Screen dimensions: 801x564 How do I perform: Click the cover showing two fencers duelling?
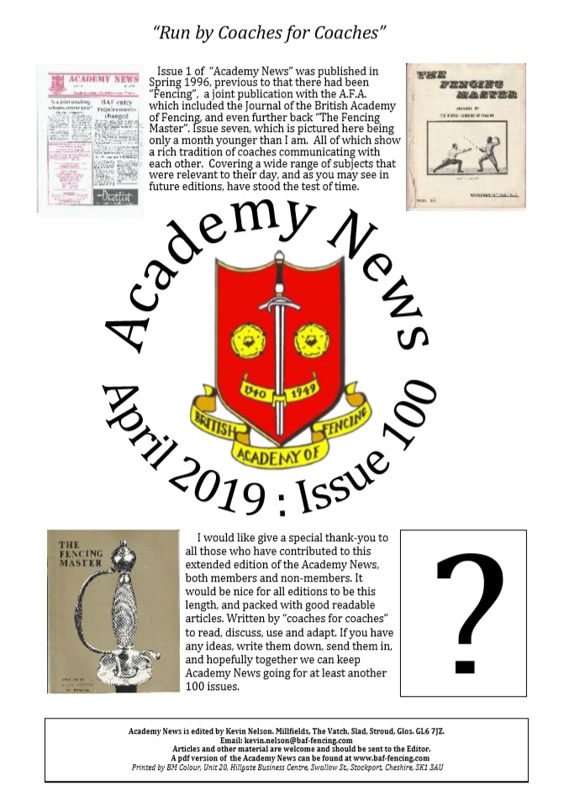466,136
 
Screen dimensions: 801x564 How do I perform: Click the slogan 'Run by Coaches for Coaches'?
270,33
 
